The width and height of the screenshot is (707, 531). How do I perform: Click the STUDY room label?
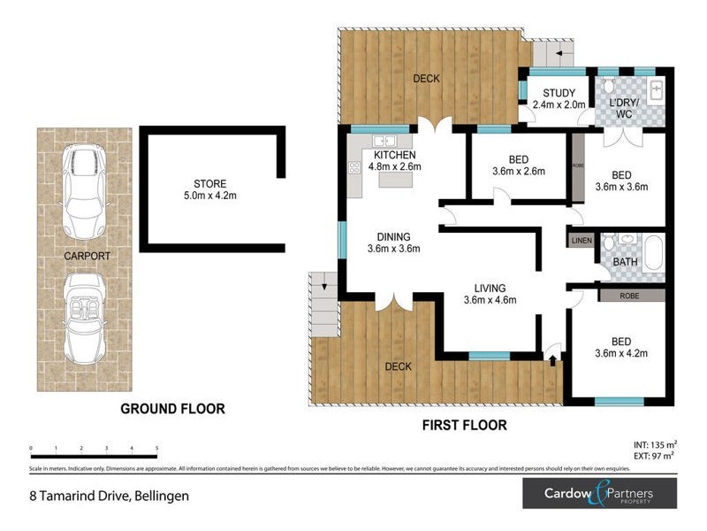[559, 93]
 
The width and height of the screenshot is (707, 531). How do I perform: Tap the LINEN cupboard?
[582, 240]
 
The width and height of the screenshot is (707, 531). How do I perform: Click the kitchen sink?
[384, 141]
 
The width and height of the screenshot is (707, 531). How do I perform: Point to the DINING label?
[393, 236]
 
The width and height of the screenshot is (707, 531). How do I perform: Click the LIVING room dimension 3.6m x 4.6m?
[489, 300]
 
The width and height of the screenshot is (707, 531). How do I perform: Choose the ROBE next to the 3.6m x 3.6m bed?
[578, 165]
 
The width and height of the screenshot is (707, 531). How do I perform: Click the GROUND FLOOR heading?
[172, 409]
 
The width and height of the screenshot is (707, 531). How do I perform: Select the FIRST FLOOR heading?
[464, 426]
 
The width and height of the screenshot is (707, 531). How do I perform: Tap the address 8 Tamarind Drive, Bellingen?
[107, 496]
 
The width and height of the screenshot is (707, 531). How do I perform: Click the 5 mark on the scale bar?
[157, 449]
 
